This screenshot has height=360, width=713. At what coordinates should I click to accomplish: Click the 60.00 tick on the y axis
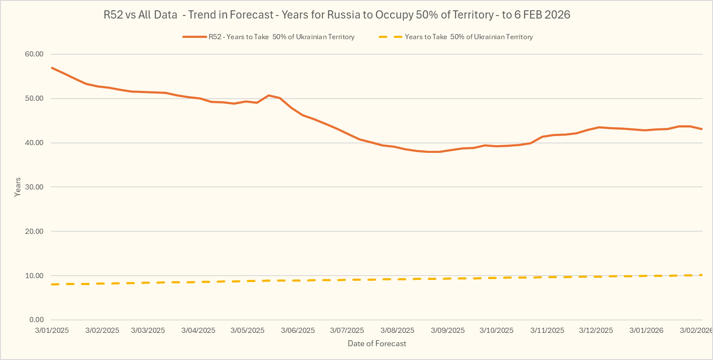pyautogui.click(x=34, y=54)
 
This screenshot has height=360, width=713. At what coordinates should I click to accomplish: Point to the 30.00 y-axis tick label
pyautogui.click(x=34, y=187)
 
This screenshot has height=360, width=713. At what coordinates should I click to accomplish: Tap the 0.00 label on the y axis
pyautogui.click(x=36, y=320)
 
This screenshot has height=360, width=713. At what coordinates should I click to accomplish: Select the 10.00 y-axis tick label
pyautogui.click(x=34, y=276)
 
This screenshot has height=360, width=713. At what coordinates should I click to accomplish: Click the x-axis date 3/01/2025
pyautogui.click(x=52, y=331)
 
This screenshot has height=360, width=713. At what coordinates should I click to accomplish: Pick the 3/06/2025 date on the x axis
pyautogui.click(x=298, y=331)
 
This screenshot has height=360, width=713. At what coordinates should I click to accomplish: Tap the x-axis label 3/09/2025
pyautogui.click(x=448, y=331)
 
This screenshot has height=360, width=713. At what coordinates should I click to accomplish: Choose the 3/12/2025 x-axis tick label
pyautogui.click(x=596, y=331)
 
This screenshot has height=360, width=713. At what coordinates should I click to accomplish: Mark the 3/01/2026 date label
pyautogui.click(x=646, y=331)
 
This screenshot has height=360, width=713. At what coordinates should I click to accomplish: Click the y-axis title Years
pyautogui.click(x=18, y=187)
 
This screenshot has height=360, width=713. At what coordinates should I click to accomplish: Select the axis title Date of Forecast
pyautogui.click(x=377, y=344)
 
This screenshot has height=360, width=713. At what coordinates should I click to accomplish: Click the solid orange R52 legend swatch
pyautogui.click(x=194, y=37)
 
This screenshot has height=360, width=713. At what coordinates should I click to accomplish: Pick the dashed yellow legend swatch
pyautogui.click(x=390, y=37)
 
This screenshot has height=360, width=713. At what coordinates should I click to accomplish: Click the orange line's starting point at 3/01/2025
pyautogui.click(x=52, y=68)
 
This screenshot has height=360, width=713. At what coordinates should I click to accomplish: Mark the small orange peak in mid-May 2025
pyautogui.click(x=268, y=95)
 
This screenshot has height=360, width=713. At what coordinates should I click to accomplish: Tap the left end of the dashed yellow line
pyautogui.click(x=52, y=285)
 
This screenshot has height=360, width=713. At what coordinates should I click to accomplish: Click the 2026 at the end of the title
pyautogui.click(x=557, y=15)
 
